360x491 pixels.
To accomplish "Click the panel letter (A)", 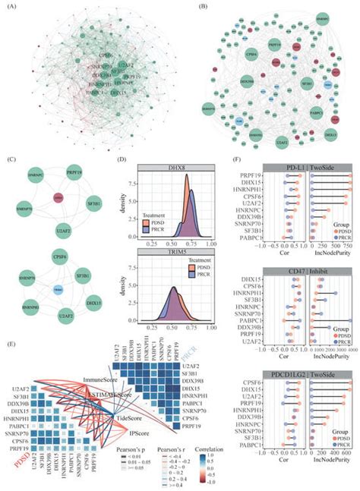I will [x=9, y=7].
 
